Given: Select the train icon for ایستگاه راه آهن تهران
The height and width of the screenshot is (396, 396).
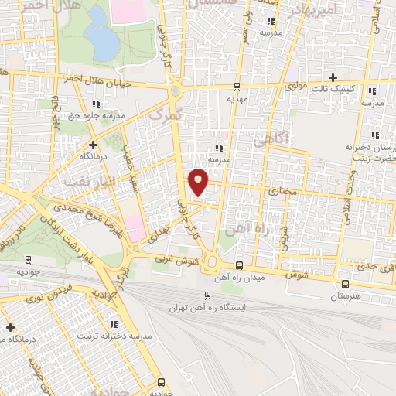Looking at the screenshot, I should tap(207, 295).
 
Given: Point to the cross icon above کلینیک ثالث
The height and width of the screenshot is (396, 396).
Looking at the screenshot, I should tap(333, 77).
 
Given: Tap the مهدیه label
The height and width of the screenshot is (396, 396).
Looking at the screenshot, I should tap(237, 98).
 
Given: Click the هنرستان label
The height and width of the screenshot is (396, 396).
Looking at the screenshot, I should tap(346, 297).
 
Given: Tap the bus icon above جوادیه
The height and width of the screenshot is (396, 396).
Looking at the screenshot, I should tap(161, 381).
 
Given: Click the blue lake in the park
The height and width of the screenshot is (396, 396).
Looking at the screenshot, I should tap(97, 33).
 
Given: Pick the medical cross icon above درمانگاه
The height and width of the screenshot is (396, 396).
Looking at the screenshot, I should tap(93, 145).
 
